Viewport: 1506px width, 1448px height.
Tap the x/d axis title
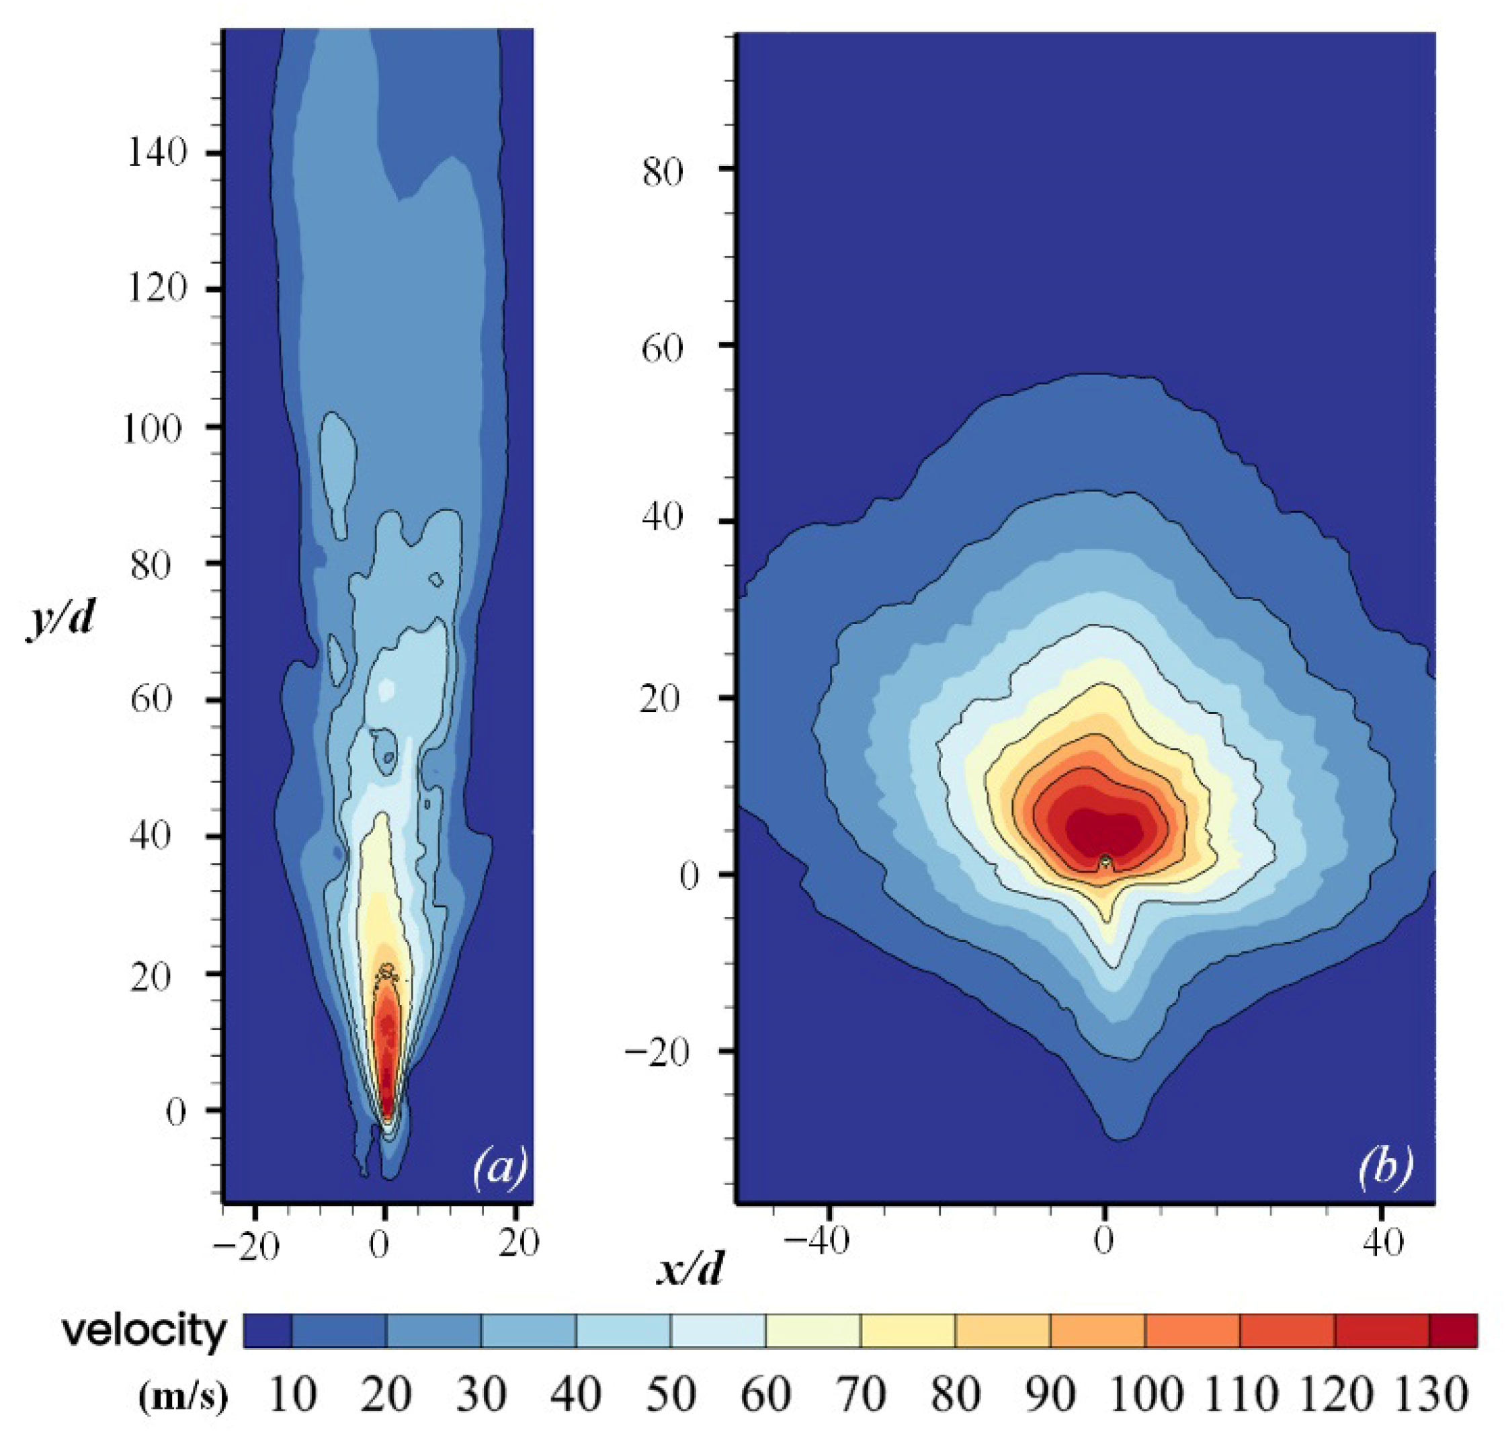[x=690, y=1271]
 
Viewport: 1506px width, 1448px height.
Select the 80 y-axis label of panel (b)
[x=663, y=172]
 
